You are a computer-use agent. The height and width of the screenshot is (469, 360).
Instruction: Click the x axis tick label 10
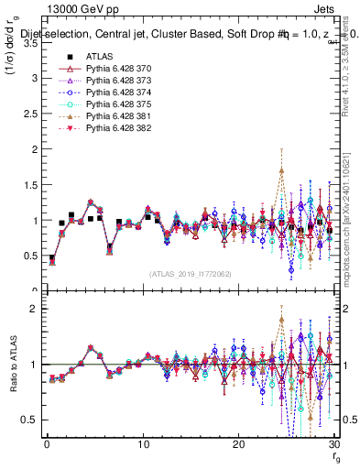[143, 445]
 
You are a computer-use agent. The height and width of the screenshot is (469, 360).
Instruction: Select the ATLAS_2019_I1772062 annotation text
[191, 274]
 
